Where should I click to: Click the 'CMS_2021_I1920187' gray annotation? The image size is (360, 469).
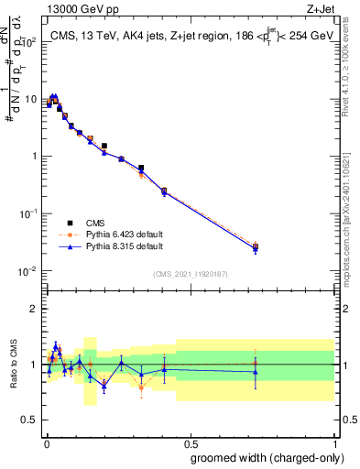190,274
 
